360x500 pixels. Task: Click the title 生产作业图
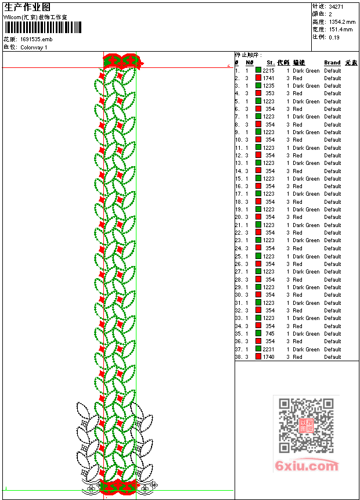click(x=27, y=7)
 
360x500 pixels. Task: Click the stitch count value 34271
click(x=336, y=6)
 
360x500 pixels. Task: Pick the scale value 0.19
click(x=334, y=37)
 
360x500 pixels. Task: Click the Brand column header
click(x=332, y=63)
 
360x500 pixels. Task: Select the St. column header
click(x=271, y=63)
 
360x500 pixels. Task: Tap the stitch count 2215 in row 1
click(x=268, y=70)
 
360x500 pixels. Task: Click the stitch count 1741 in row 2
click(x=268, y=78)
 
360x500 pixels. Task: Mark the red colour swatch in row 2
click(x=258, y=78)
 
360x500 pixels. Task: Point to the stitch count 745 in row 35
click(x=270, y=334)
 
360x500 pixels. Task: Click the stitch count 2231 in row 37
click(x=268, y=350)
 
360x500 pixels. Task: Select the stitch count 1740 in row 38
click(x=268, y=357)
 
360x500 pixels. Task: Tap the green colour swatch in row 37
click(x=258, y=350)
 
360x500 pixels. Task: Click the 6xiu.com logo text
click(x=307, y=466)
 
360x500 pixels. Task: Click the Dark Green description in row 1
click(x=306, y=70)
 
